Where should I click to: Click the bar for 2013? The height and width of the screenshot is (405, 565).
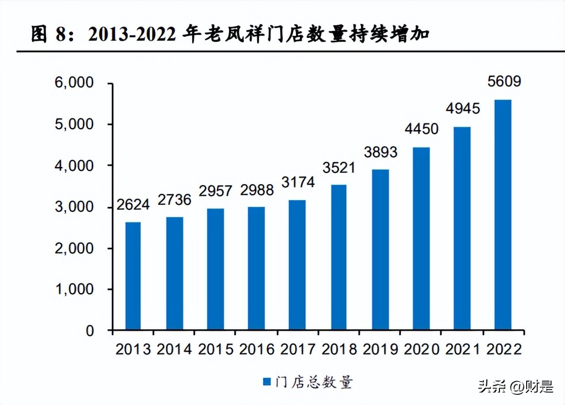click(133, 276)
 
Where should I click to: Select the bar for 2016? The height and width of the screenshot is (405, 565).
click(256, 269)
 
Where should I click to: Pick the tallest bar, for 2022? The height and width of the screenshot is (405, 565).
click(502, 215)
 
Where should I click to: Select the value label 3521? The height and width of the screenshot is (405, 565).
click(338, 168)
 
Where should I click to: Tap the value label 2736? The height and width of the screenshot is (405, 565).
click(174, 200)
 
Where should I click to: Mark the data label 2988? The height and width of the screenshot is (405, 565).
click(256, 190)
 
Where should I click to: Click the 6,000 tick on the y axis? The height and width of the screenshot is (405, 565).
click(73, 83)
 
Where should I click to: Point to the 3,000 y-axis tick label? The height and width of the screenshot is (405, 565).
click(73, 207)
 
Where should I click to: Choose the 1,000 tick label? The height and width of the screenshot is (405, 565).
click(73, 289)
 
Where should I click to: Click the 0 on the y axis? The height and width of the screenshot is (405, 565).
click(89, 331)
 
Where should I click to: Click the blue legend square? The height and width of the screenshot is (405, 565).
click(266, 382)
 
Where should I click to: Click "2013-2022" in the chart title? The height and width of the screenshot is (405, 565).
click(131, 35)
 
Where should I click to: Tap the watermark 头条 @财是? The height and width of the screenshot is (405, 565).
click(515, 387)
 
